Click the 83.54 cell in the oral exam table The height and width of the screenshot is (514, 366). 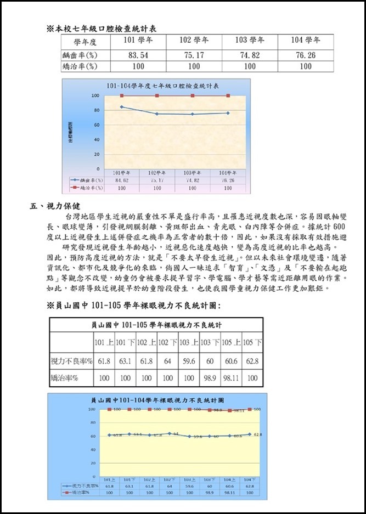[x=138, y=55]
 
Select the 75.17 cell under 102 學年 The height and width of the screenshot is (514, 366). [x=194, y=55]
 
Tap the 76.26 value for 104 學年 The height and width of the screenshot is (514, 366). [x=306, y=55]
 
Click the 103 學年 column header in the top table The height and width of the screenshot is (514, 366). [x=250, y=41]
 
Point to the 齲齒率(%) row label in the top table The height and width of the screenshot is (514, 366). [x=80, y=55]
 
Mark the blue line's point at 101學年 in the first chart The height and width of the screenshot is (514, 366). [x=122, y=107]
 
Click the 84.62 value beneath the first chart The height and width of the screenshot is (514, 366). [x=122, y=180]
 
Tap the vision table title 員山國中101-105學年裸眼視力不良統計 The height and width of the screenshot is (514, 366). [x=156, y=325]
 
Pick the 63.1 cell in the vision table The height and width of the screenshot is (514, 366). [x=125, y=362]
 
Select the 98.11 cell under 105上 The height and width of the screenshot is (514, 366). [x=231, y=378]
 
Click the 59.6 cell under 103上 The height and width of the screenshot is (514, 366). [x=189, y=362]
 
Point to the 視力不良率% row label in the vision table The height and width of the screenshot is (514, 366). [x=72, y=362]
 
